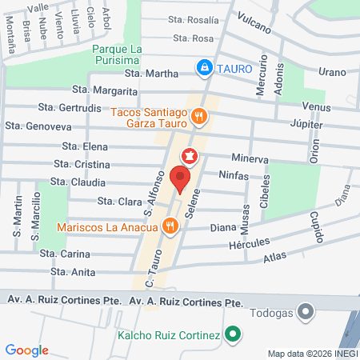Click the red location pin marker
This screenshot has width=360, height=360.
(182, 180)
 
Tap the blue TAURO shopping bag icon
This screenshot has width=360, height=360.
(206, 66)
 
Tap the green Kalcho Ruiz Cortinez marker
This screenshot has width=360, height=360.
(232, 333)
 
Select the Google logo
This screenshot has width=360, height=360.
(27, 350)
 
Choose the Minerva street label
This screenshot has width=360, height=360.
(249, 158)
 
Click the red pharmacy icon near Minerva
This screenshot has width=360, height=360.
(190, 154)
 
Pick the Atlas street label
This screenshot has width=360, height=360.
(274, 258)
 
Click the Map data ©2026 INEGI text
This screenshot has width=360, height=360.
(312, 353)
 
